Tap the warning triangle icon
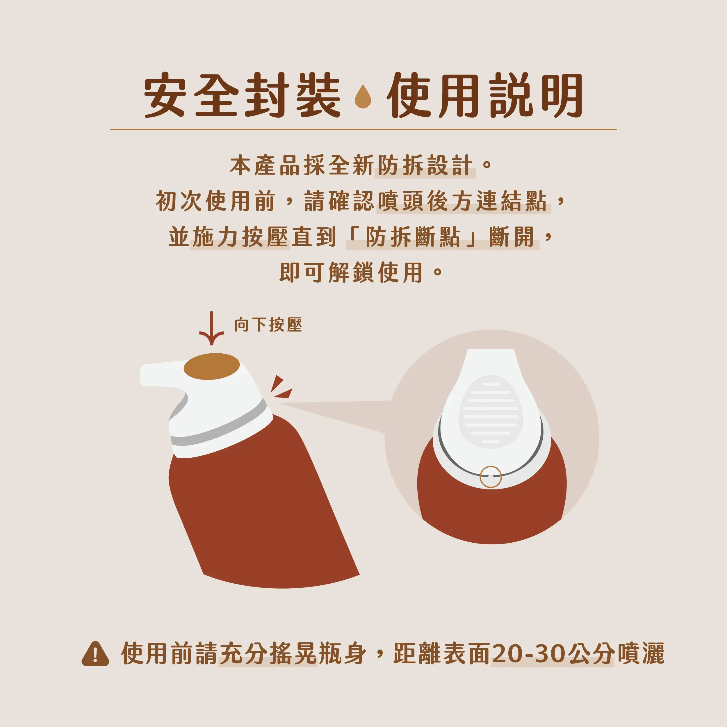point(95,654)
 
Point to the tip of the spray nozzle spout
point(141,375)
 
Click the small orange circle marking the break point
point(491,477)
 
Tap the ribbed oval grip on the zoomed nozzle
point(491,412)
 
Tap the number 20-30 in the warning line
point(529,654)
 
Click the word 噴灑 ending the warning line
point(640,654)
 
